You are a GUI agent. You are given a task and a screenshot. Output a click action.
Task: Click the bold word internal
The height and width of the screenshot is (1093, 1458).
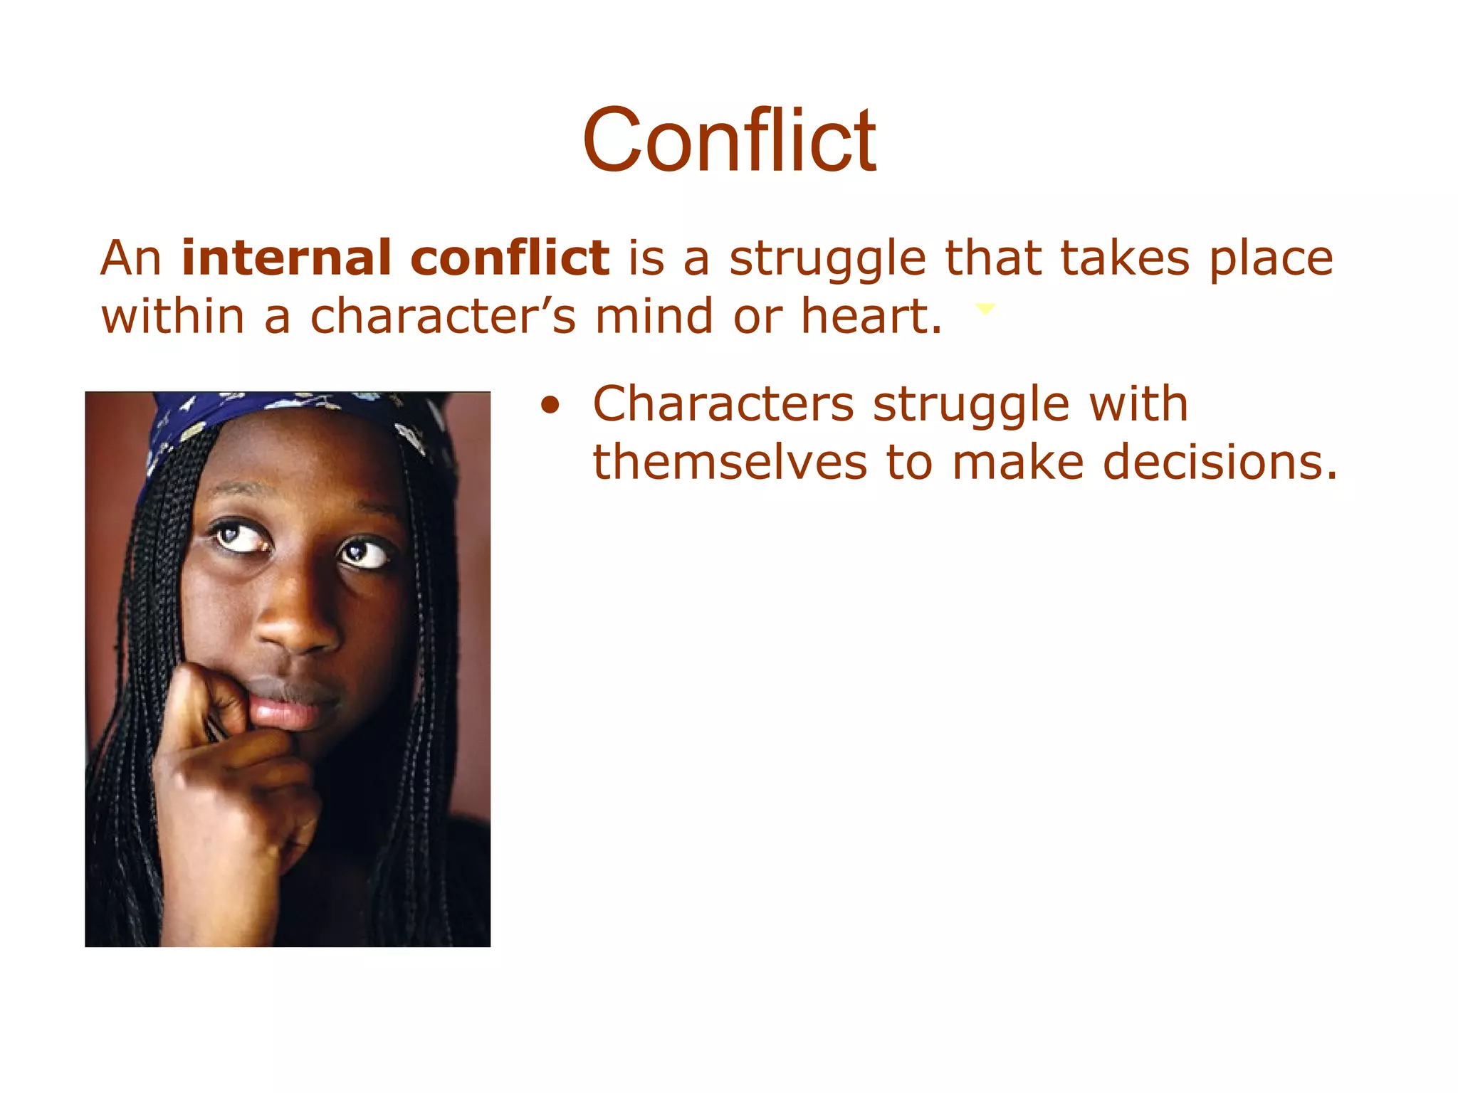pos(285,257)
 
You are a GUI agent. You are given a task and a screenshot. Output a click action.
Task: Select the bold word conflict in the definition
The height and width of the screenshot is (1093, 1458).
pos(510,257)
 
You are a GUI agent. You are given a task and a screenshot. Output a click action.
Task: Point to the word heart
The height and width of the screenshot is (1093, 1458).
pos(871,316)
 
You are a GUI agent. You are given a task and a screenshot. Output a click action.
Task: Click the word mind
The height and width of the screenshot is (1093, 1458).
pos(654,316)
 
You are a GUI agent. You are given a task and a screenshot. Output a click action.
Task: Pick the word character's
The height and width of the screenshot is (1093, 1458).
pos(442,316)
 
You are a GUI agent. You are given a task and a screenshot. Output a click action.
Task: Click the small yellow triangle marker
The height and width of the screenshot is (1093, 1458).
pos(985,309)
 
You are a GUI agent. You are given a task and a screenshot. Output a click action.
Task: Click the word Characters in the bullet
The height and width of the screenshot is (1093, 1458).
pos(723,404)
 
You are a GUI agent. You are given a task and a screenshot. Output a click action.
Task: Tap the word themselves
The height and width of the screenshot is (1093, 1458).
pos(730,463)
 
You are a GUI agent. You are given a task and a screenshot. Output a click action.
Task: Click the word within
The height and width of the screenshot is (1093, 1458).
pos(173,316)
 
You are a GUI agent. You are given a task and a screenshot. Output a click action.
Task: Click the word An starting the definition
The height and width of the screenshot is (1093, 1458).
pos(131,258)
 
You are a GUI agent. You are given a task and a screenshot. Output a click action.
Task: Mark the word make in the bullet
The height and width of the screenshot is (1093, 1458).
pos(1018,463)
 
